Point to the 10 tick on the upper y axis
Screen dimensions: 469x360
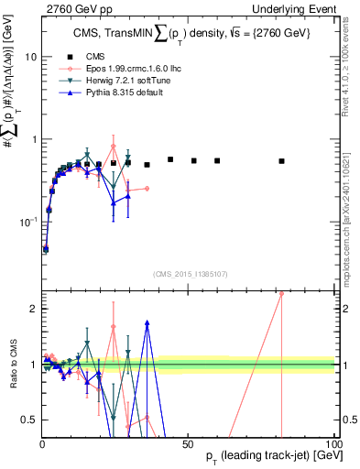tap(30, 57)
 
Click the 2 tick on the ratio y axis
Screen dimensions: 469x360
tap(33, 309)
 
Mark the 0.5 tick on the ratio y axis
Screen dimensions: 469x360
tap(29, 420)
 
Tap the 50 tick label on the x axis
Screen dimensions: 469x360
tap(188, 443)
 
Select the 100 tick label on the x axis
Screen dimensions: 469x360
tap(333, 443)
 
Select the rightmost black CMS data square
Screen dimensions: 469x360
tap(282, 161)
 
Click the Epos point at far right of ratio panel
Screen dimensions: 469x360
tap(282, 294)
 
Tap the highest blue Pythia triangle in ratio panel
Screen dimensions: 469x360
tap(147, 322)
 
